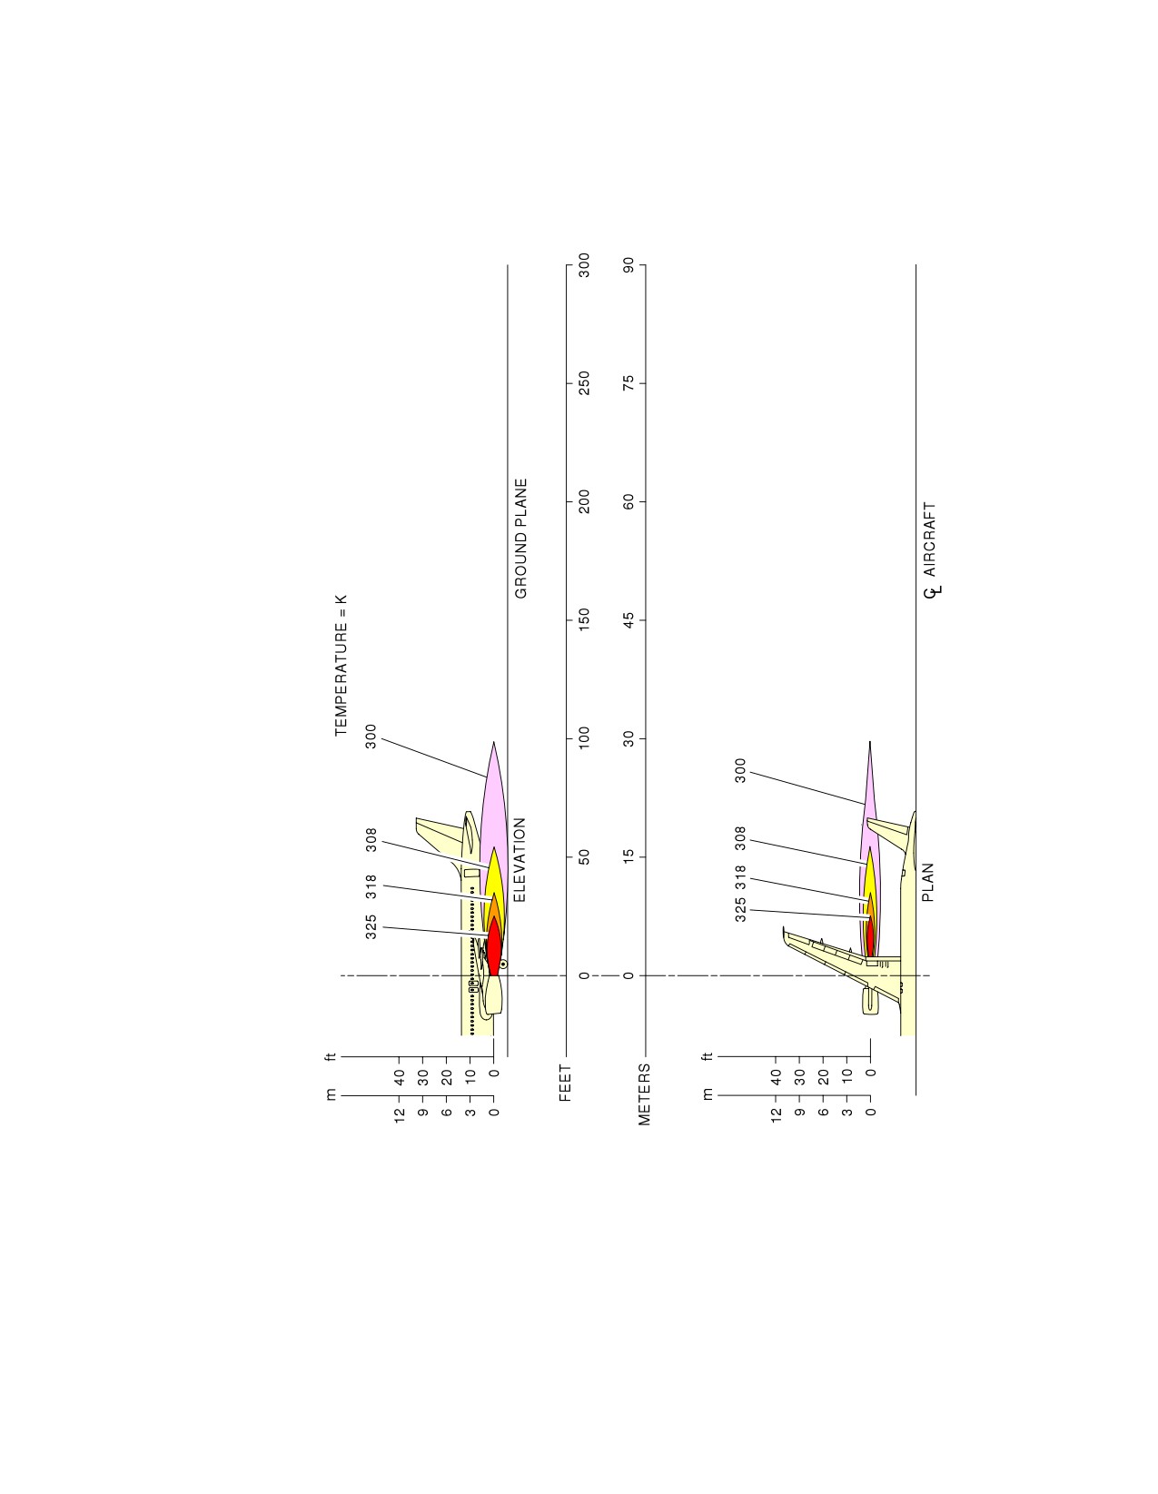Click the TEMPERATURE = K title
point(341,666)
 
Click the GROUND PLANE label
point(521,539)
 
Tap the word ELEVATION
point(520,860)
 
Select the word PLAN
point(928,883)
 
